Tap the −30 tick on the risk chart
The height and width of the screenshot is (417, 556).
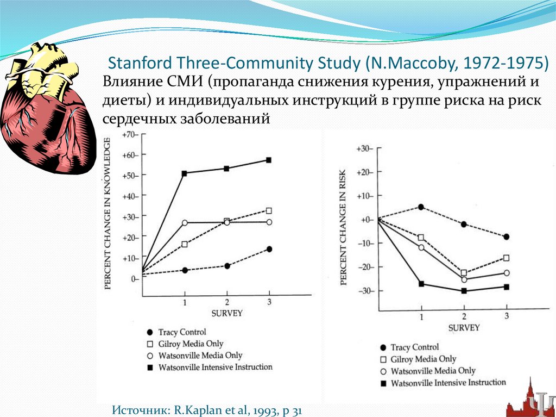pyautogui.click(x=364, y=291)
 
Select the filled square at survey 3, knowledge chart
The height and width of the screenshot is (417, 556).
pyautogui.click(x=269, y=160)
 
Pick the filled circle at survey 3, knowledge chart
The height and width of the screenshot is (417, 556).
pyautogui.click(x=269, y=249)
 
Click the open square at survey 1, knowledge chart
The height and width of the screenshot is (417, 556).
pyautogui.click(x=185, y=244)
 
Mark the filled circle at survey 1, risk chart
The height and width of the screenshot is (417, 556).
pyautogui.click(x=421, y=207)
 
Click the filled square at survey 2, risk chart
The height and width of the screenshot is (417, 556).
pyautogui.click(x=464, y=291)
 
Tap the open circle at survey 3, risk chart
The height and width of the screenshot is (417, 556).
pyautogui.click(x=507, y=273)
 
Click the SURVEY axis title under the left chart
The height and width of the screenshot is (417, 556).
pyautogui.click(x=226, y=313)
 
